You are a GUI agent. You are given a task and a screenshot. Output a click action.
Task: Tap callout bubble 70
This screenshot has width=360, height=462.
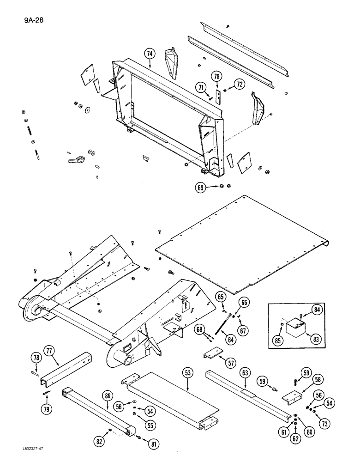[217, 76]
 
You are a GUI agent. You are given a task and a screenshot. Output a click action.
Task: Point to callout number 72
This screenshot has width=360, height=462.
[239, 84]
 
